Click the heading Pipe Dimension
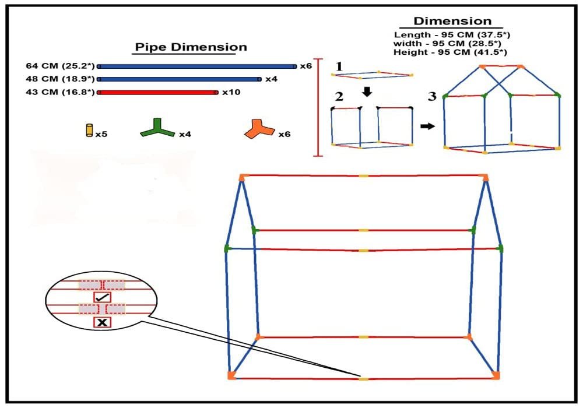click(x=191, y=47)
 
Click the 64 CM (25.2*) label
click(x=60, y=66)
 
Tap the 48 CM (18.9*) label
click(x=60, y=79)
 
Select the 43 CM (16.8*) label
click(x=60, y=92)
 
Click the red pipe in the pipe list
click(x=157, y=92)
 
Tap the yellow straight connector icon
click(x=89, y=130)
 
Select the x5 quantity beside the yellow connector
click(x=101, y=135)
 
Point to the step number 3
click(x=432, y=97)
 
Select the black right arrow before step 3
click(x=427, y=125)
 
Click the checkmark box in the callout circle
click(x=102, y=297)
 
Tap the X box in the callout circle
click(x=102, y=322)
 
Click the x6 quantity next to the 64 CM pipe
click(x=305, y=66)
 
